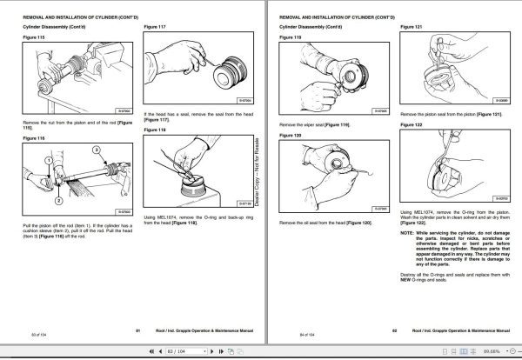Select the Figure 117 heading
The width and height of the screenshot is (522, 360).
[x=154, y=27]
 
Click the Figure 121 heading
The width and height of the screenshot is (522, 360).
[x=412, y=27]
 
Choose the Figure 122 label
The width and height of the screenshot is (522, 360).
[x=412, y=125]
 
